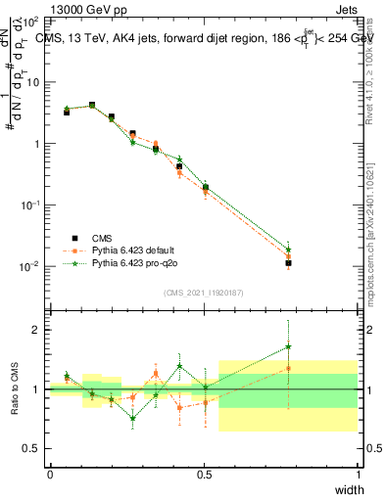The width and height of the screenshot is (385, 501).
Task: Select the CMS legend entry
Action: point(104,237)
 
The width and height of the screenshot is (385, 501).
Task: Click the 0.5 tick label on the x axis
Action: point(204,475)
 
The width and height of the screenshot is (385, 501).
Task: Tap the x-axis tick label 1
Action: point(357,475)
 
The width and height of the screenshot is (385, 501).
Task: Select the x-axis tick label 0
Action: point(50,475)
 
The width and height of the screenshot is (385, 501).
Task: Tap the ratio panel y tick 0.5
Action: point(33,448)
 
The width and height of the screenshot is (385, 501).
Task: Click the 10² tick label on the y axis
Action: point(31,21)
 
